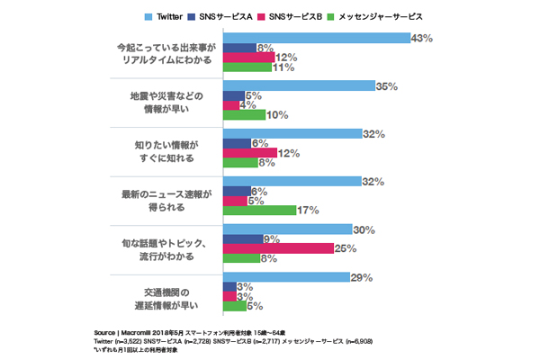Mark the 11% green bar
247,67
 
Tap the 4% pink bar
230,105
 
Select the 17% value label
308,211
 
